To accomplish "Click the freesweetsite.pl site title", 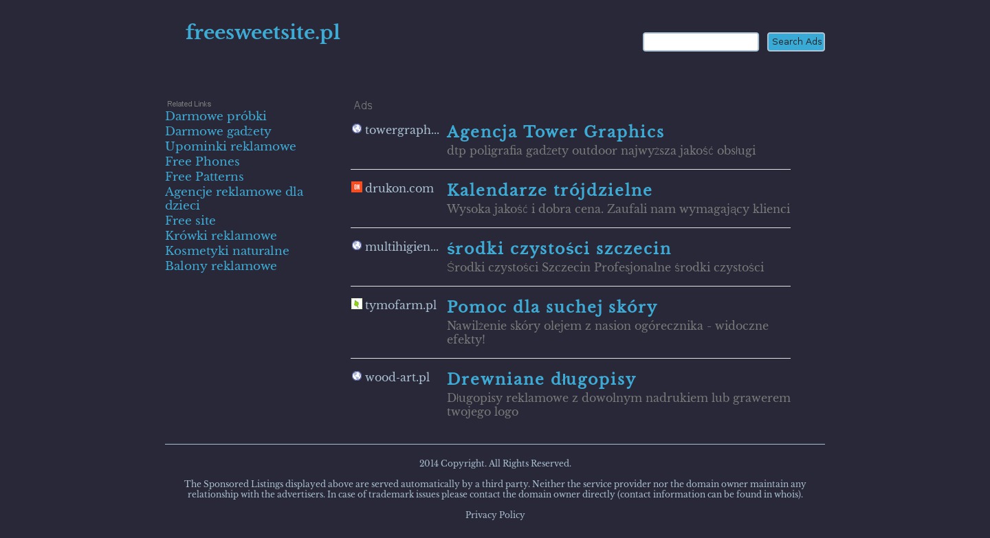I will click(x=263, y=32).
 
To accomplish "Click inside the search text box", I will click(x=701, y=42).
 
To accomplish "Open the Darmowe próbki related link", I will click(x=215, y=116).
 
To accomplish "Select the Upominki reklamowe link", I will click(x=230, y=146).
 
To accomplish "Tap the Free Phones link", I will click(x=202, y=161).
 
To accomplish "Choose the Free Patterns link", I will click(x=204, y=177).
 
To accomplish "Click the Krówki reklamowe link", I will click(x=221, y=236).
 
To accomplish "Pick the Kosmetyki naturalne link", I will click(x=227, y=251).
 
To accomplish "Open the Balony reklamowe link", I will click(x=221, y=266).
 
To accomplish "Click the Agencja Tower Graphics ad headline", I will click(x=555, y=132).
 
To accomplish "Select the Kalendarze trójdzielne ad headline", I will click(x=549, y=190).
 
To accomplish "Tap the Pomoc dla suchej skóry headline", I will click(x=552, y=307).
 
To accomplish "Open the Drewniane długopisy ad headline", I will click(x=541, y=379).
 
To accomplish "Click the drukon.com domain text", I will click(x=399, y=188).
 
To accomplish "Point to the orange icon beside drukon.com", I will click(x=357, y=187).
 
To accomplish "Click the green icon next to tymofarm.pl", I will click(x=357, y=304).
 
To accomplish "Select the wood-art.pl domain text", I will click(x=397, y=377).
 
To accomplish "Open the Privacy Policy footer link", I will click(x=495, y=515).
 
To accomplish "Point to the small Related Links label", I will click(x=189, y=104).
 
